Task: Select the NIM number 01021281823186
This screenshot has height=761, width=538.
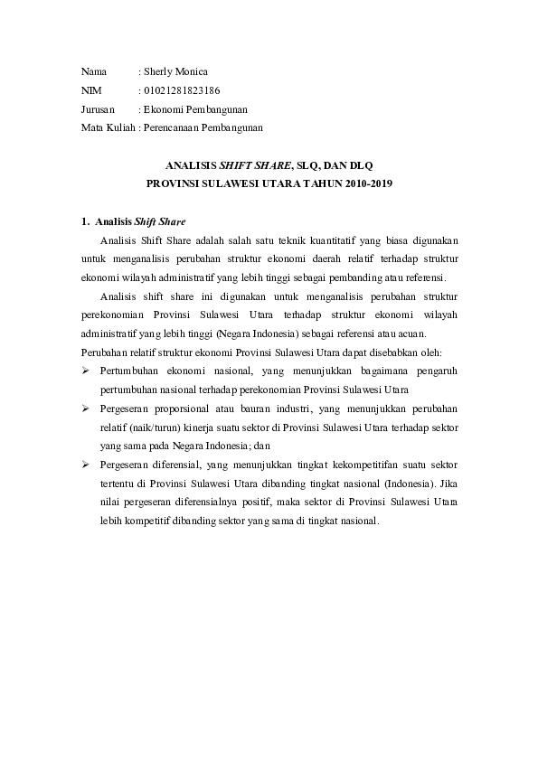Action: click(182, 90)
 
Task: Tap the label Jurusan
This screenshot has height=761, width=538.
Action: click(97, 109)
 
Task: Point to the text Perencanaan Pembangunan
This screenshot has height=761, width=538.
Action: click(203, 128)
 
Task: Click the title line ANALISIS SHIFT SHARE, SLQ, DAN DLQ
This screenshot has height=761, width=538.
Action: click(269, 166)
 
